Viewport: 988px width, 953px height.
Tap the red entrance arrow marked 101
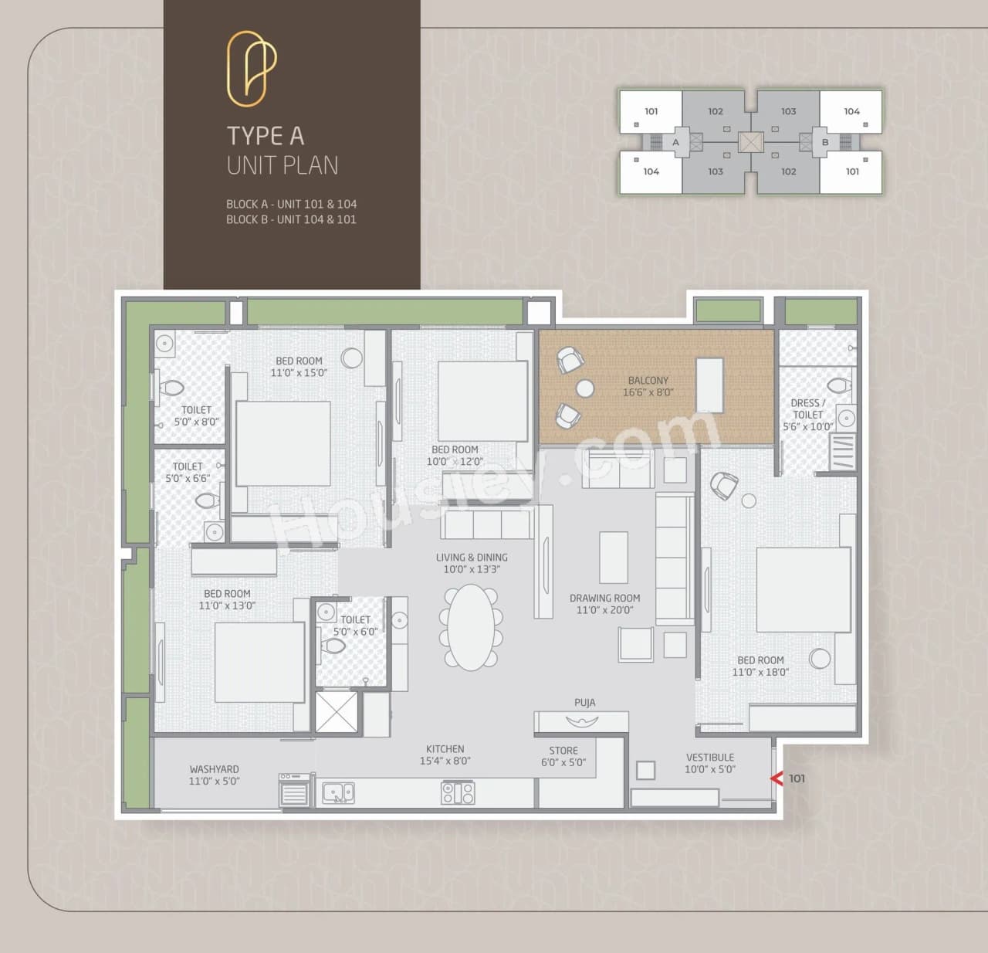pos(777,778)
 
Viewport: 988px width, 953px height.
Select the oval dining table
pos(472,627)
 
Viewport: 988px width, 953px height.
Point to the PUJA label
pos(584,703)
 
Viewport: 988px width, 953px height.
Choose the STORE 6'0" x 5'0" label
pos(563,756)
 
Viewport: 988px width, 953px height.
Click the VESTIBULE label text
pos(710,758)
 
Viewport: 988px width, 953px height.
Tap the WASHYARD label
pos(214,769)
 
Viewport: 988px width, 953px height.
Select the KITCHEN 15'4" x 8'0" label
pos(445,755)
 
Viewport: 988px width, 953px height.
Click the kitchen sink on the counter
pos(338,792)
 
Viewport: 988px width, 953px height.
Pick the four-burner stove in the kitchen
pos(458,792)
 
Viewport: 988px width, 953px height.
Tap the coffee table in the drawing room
pos(614,557)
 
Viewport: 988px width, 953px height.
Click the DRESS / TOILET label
pos(808,409)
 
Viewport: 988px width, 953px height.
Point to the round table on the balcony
pos(585,388)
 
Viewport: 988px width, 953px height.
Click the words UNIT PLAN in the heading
pos(283,165)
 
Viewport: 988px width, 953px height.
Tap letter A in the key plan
pos(675,142)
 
